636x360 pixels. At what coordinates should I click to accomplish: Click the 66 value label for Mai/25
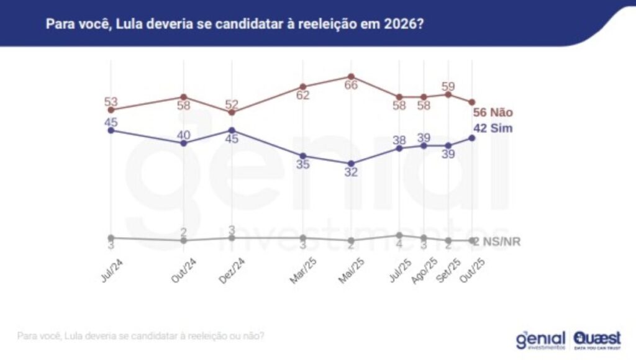[351, 86]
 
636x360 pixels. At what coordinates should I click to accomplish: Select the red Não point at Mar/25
[303, 87]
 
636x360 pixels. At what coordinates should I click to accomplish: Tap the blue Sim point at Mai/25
[351, 163]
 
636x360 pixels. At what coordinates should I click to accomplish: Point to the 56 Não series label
[493, 113]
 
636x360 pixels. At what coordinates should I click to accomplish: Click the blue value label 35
[302, 165]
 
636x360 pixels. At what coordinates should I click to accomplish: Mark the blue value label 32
[351, 173]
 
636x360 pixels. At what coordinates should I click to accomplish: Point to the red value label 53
[111, 101]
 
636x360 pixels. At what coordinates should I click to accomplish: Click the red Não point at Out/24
[183, 97]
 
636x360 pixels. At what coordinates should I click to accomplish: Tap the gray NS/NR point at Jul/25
[399, 235]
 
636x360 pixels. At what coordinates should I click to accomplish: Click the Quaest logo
[597, 339]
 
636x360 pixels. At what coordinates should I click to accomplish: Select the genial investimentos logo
[540, 340]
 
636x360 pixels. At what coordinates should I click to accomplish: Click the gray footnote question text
[141, 336]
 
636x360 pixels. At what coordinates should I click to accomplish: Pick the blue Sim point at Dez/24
[231, 130]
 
